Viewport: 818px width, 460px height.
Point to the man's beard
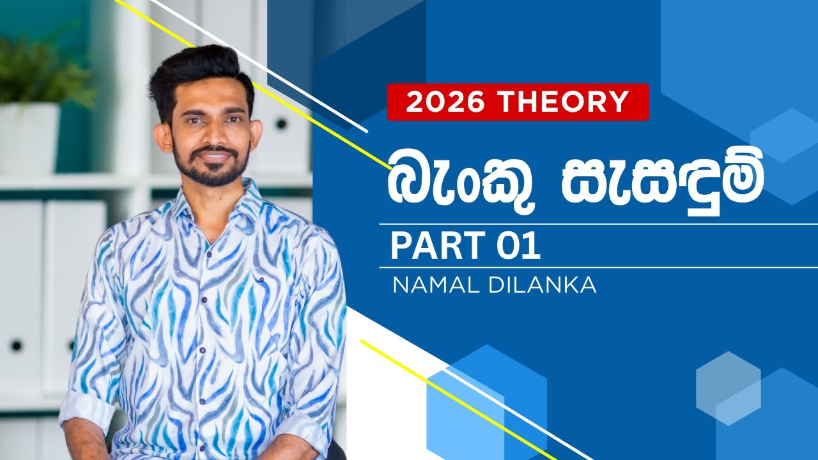211,171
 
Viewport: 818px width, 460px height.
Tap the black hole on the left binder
15,345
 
